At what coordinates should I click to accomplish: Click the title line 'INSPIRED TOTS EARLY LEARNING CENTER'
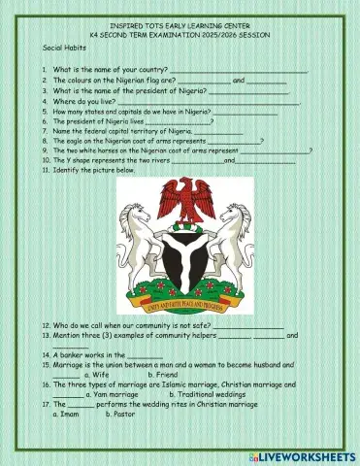click(180, 25)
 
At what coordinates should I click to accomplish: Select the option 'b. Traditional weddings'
click(210, 395)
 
